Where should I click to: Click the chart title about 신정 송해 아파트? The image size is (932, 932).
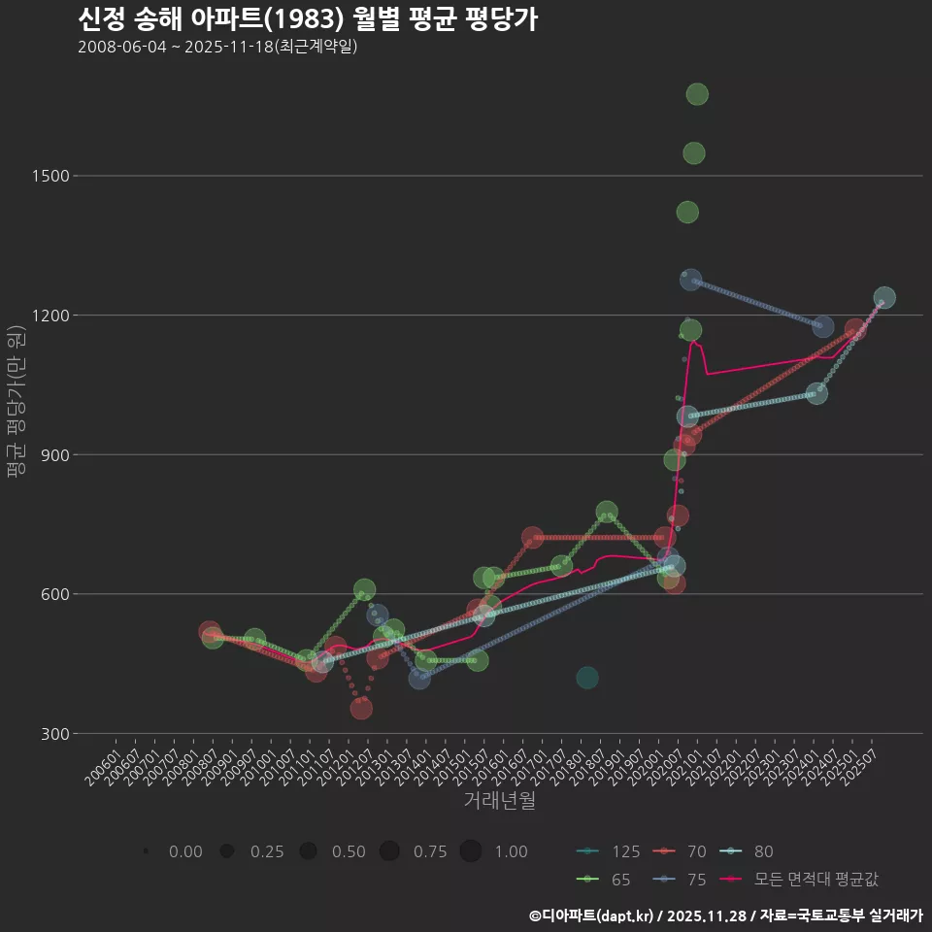(307, 19)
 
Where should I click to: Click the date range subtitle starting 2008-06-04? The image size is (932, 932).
(217, 47)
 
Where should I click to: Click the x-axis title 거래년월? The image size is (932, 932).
(499, 801)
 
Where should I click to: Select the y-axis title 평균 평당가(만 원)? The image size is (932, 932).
(16, 402)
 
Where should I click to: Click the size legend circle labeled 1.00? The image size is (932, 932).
(471, 851)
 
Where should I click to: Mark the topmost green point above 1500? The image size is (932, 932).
(697, 94)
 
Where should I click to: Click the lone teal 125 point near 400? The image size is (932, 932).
(587, 678)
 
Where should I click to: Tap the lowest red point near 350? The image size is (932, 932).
(361, 709)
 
